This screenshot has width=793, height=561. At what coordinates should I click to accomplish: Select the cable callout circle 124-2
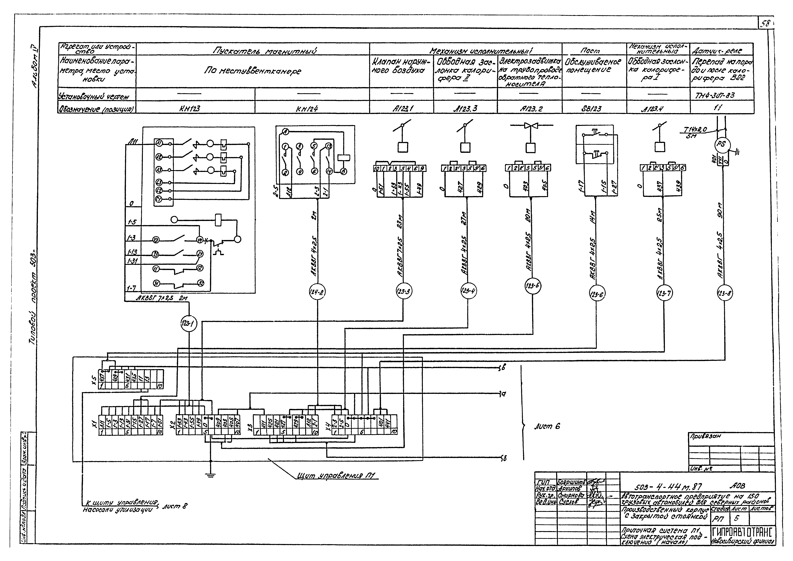point(317,292)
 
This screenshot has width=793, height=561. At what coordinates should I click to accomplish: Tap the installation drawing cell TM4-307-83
point(722,95)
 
